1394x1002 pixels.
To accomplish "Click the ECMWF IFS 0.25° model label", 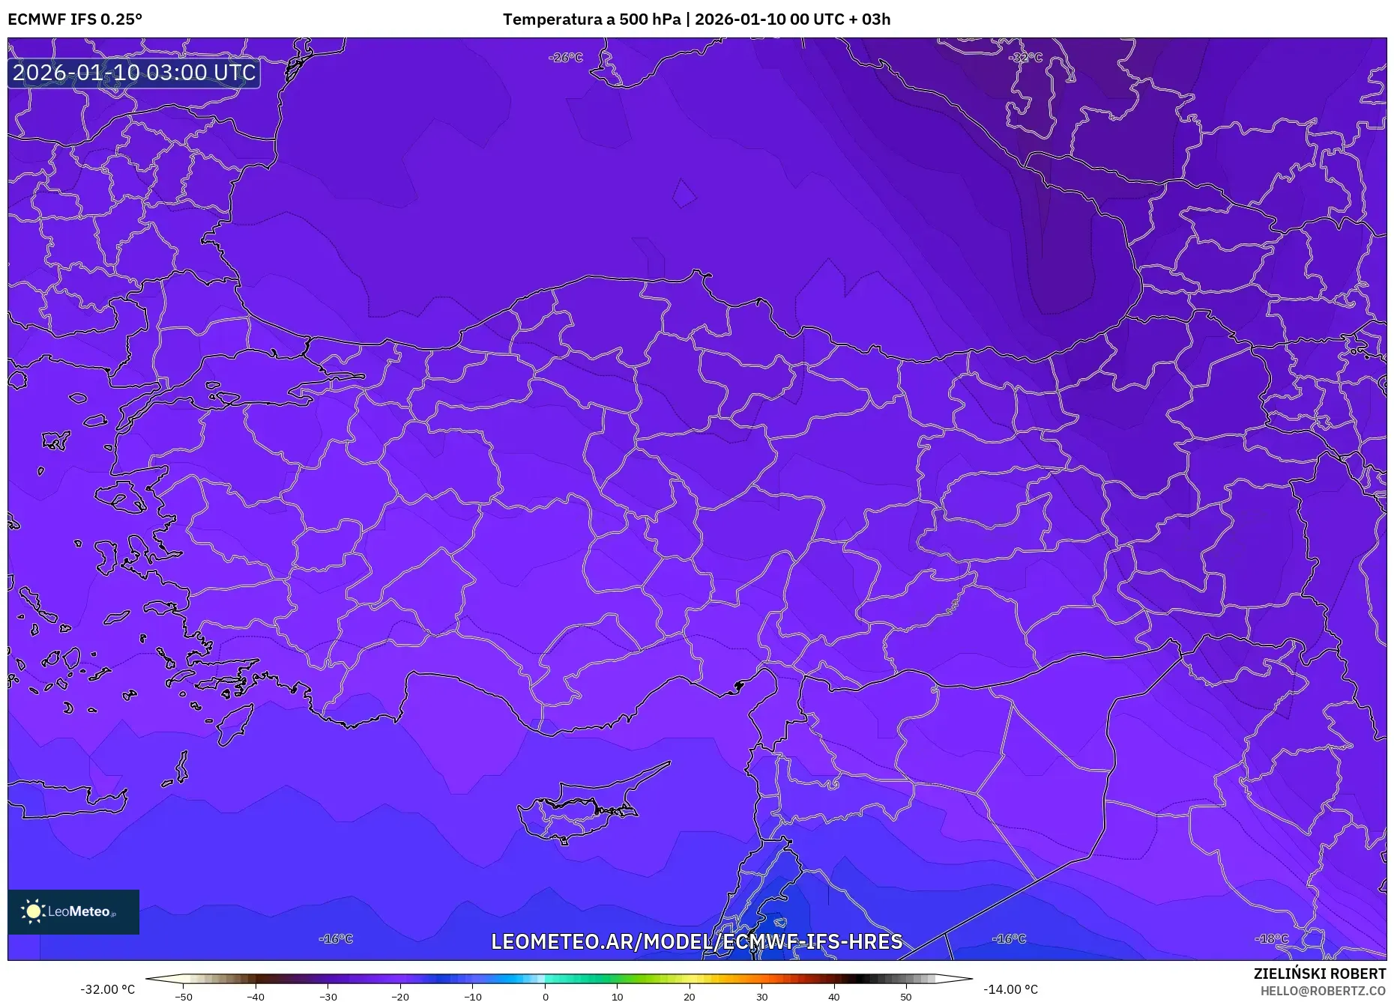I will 75,19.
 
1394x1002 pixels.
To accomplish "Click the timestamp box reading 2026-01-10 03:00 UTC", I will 134,73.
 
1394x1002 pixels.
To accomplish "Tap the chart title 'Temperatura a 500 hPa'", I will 591,19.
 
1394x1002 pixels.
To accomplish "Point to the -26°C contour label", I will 565,58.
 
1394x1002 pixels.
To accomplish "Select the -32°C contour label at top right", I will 1025,58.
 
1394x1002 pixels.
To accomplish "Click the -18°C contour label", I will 1272,938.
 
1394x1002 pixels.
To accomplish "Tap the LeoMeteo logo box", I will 73,911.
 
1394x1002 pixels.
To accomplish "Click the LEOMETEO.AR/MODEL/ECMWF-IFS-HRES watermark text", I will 696,941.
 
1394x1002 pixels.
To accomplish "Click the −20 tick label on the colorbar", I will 400,997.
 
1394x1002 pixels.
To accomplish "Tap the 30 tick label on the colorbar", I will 761,997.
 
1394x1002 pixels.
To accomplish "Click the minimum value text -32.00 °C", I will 108,989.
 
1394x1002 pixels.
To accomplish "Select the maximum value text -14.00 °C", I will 1010,989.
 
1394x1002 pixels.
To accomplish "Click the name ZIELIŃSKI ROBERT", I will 1319,974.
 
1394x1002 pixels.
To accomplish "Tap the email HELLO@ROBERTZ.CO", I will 1322,991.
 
